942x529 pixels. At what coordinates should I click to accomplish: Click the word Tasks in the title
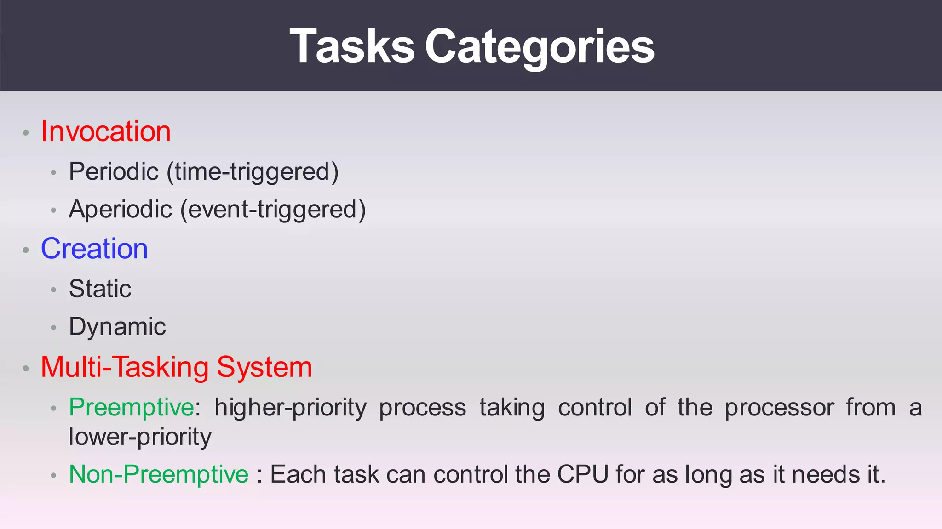(x=352, y=46)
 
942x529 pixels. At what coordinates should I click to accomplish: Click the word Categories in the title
(x=539, y=46)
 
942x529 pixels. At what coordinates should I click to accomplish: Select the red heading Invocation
(x=106, y=131)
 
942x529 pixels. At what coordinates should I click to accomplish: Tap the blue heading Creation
(x=94, y=249)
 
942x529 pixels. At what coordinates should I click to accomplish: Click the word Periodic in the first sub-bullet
(x=114, y=171)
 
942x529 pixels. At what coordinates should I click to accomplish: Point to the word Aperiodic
(x=120, y=209)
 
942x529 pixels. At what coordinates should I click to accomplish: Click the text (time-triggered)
(x=253, y=172)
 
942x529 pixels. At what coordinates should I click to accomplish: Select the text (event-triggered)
(x=273, y=210)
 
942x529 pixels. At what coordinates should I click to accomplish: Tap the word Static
(x=100, y=289)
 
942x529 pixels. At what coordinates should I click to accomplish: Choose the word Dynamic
(x=117, y=327)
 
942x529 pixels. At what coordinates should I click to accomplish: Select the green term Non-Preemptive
(x=159, y=474)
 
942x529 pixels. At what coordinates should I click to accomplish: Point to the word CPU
(x=583, y=474)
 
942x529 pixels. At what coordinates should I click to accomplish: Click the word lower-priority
(x=140, y=437)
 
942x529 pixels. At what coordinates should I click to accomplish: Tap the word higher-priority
(x=290, y=408)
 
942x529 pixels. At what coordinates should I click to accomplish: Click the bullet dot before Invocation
(x=26, y=133)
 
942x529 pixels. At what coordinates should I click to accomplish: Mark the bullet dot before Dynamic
(x=53, y=328)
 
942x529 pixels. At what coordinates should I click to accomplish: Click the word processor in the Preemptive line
(x=779, y=408)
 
